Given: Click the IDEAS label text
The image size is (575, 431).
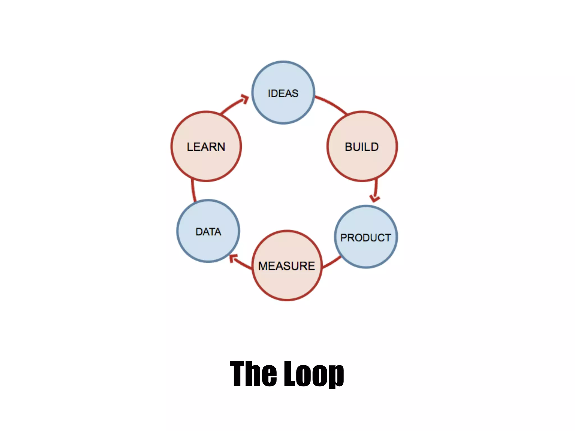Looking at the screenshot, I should [x=283, y=93].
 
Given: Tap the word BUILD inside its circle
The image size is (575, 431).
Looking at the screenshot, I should [x=362, y=147].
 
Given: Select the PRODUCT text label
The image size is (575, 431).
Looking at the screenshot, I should [x=366, y=238].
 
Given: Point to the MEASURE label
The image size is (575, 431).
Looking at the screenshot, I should [x=287, y=266].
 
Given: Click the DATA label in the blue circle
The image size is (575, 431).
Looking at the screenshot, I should [x=208, y=232].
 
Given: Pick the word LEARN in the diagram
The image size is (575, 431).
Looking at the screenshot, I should [x=206, y=147].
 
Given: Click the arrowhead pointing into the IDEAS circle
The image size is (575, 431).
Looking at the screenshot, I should [x=245, y=99].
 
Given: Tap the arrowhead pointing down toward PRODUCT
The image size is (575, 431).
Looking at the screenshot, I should [x=375, y=198].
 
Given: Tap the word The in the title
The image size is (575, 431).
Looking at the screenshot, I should [x=253, y=374].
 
